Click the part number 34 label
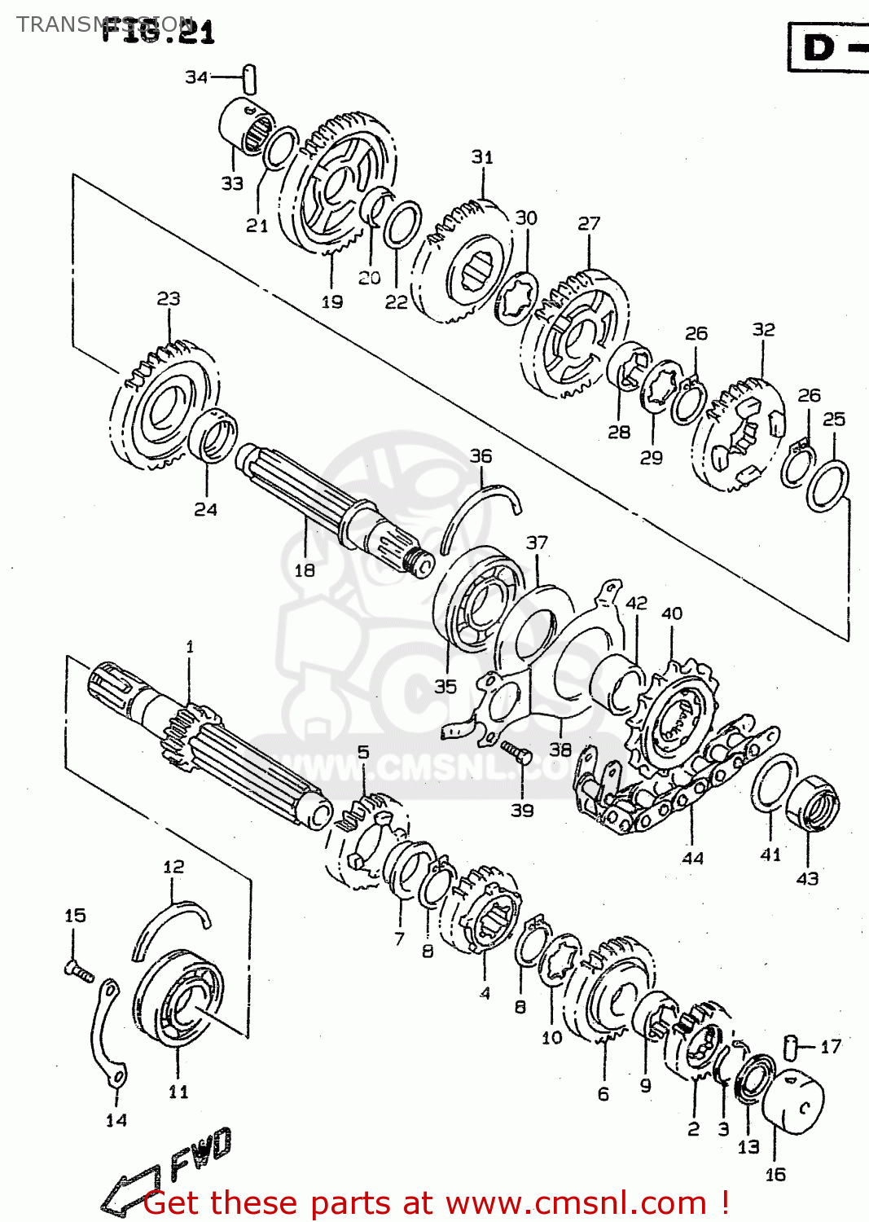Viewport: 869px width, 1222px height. tap(196, 77)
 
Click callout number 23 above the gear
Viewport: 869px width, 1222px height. tap(169, 299)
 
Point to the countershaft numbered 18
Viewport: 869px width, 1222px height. tap(326, 505)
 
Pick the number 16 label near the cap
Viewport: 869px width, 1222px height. tap(775, 1174)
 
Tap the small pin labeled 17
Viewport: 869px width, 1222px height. tap(789, 1045)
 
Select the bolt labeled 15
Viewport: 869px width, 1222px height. tap(78, 969)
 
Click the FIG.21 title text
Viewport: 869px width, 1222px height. tap(159, 31)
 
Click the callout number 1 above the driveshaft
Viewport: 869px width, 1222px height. tap(190, 647)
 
